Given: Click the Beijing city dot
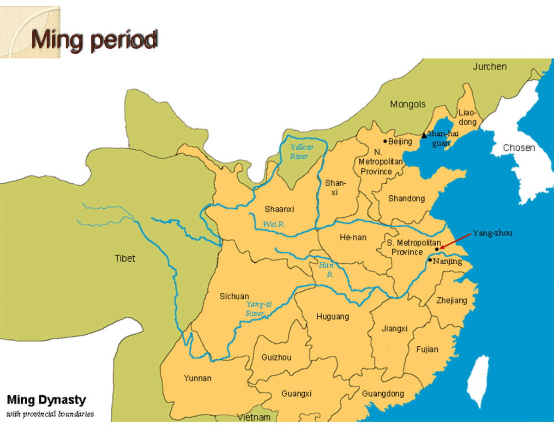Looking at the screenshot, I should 385,141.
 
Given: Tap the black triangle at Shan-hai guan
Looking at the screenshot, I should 424,135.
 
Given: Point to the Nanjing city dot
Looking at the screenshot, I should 430,260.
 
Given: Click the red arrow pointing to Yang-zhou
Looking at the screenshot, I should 455,241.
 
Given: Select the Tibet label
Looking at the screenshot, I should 125,259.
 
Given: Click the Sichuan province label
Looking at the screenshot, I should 234,296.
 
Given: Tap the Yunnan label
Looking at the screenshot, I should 198,378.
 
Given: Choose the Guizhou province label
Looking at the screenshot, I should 276,357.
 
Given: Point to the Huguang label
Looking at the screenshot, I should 332,317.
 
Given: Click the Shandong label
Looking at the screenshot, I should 406,199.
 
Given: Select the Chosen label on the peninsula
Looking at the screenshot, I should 519,148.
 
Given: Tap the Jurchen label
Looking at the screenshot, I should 489,66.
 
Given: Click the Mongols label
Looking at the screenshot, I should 408,104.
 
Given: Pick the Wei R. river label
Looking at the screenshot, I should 274,224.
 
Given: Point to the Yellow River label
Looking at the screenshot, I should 302,152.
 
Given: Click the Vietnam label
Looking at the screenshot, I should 253,417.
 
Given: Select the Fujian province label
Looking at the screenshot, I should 427,350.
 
